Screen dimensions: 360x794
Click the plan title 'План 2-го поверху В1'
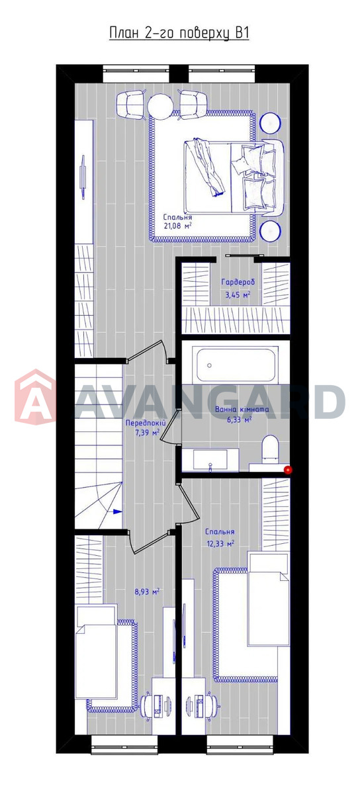(x=179, y=34)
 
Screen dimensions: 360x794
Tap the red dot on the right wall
(x=289, y=470)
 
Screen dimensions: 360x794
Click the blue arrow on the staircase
(x=117, y=511)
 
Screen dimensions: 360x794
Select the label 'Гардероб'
(x=238, y=283)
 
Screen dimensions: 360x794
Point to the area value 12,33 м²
(x=220, y=544)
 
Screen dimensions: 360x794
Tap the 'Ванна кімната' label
(x=242, y=410)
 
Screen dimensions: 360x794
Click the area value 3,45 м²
(x=238, y=294)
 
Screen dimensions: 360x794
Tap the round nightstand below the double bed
(x=271, y=231)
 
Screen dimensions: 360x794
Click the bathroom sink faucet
(x=210, y=467)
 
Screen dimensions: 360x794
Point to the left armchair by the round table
(x=131, y=105)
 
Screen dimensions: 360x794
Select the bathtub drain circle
(x=210, y=365)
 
